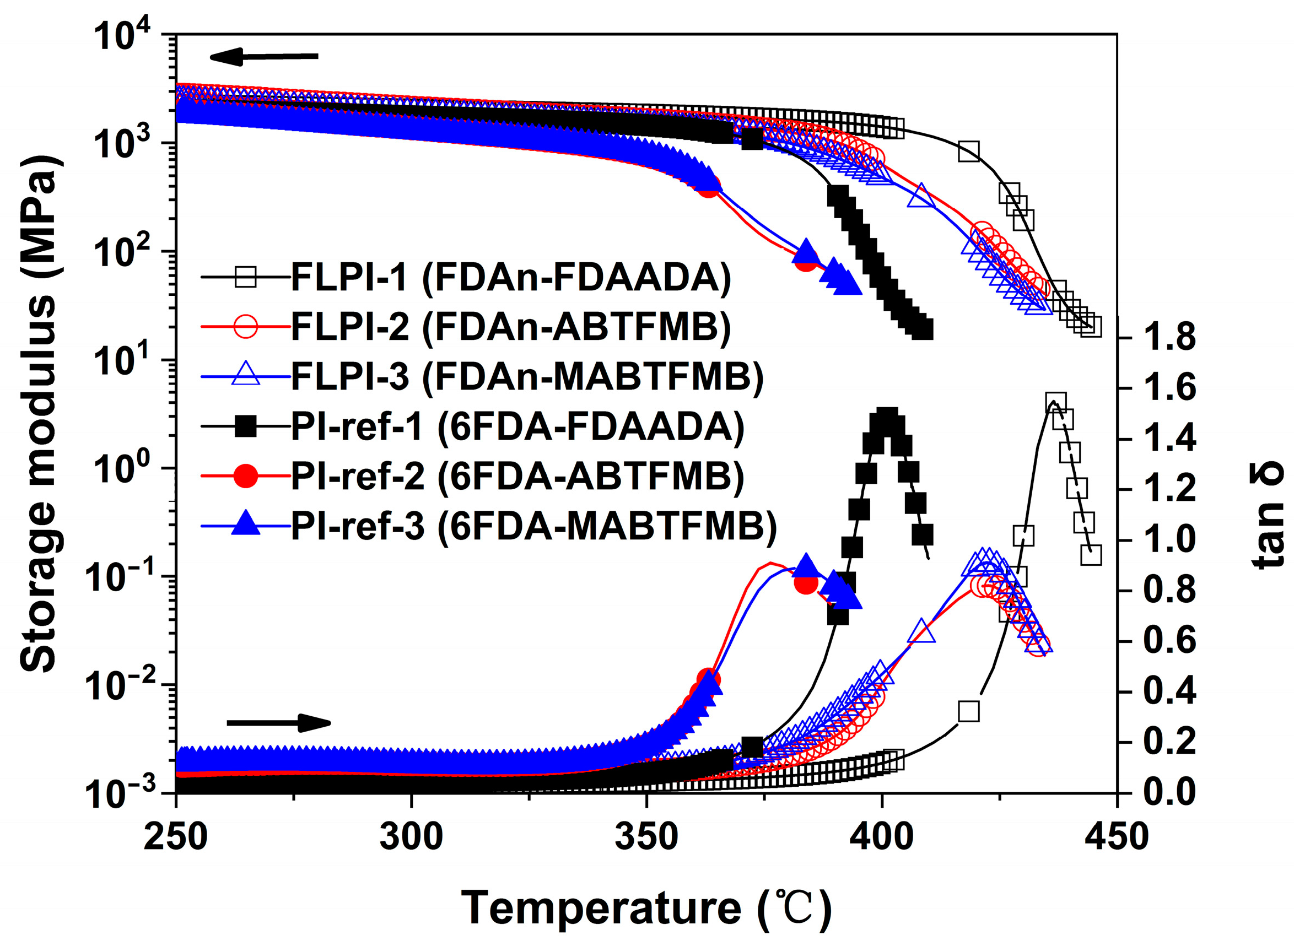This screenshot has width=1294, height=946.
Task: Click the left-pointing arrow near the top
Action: tap(263, 56)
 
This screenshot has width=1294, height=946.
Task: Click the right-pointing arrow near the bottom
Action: tap(279, 723)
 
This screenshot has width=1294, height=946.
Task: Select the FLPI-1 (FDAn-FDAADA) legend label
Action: tap(511, 278)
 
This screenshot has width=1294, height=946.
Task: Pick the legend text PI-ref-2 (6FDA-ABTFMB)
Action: tap(517, 477)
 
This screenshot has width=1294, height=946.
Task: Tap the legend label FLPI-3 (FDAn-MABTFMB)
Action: tap(527, 376)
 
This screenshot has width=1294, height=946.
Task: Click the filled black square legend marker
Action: tap(246, 426)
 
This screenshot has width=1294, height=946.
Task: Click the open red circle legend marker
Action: tap(246, 327)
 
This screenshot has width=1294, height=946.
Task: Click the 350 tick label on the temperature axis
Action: tap(646, 838)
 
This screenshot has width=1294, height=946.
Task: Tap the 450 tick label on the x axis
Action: tap(1117, 838)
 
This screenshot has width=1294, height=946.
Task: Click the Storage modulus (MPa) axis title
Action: tap(39, 412)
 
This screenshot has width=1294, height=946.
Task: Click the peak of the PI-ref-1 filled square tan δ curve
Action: tap(887, 419)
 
